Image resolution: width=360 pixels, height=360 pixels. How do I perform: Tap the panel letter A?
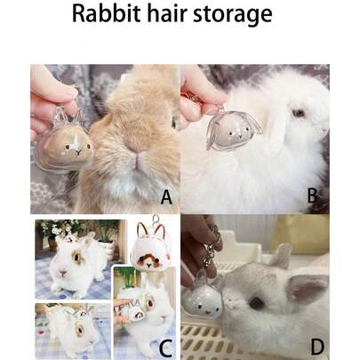pyautogui.click(x=164, y=196)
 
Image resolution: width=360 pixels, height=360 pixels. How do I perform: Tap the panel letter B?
pyautogui.click(x=311, y=196)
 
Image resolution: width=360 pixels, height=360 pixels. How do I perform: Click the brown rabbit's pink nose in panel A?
pyautogui.click(x=139, y=161)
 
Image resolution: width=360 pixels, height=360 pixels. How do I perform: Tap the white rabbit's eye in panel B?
pyautogui.click(x=299, y=113)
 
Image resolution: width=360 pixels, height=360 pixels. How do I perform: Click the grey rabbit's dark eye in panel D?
pyautogui.click(x=257, y=302)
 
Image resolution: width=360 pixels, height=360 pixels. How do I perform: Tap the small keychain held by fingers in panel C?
pyautogui.click(x=136, y=310)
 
